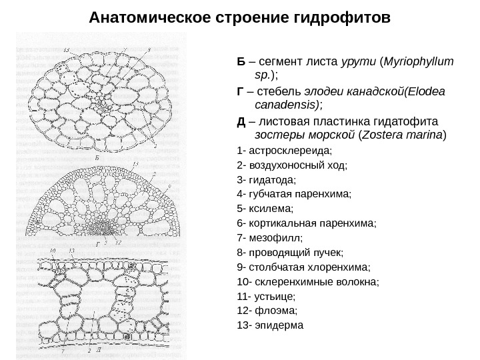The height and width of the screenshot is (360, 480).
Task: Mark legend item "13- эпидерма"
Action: tap(269, 326)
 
